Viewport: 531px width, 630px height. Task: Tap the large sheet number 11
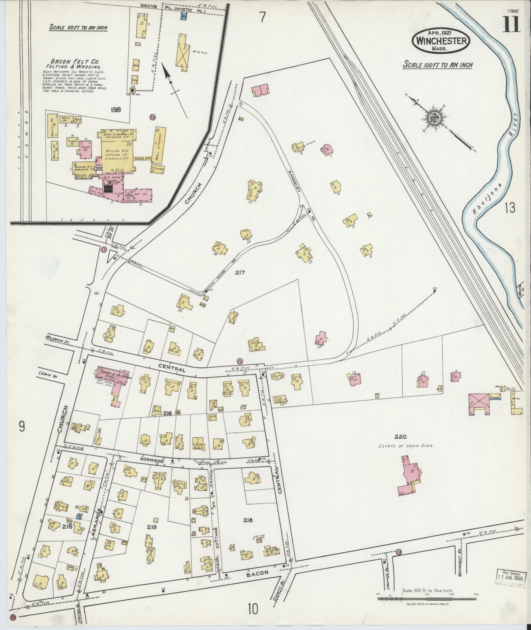tap(511, 24)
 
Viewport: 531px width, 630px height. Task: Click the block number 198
tap(116, 110)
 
